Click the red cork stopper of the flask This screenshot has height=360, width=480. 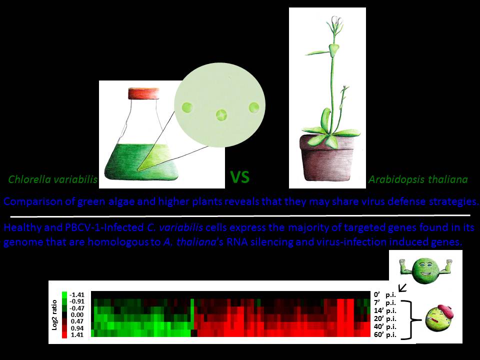coord(143,93)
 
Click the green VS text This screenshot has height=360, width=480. coord(239,177)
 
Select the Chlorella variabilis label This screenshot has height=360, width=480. coord(52,179)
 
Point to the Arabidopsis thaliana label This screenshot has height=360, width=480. coord(418,179)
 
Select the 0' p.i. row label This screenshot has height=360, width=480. coord(385,295)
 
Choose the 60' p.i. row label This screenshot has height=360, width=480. coord(385,334)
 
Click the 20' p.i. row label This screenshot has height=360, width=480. coord(385,318)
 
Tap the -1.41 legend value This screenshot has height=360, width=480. coord(76,295)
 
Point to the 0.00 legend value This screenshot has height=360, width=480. coord(77,314)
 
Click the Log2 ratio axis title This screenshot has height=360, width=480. coord(55,314)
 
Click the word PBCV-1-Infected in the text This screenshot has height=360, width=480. coord(104,228)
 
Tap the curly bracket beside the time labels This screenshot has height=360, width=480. coord(411,320)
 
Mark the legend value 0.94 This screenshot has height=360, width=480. coord(77,328)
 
